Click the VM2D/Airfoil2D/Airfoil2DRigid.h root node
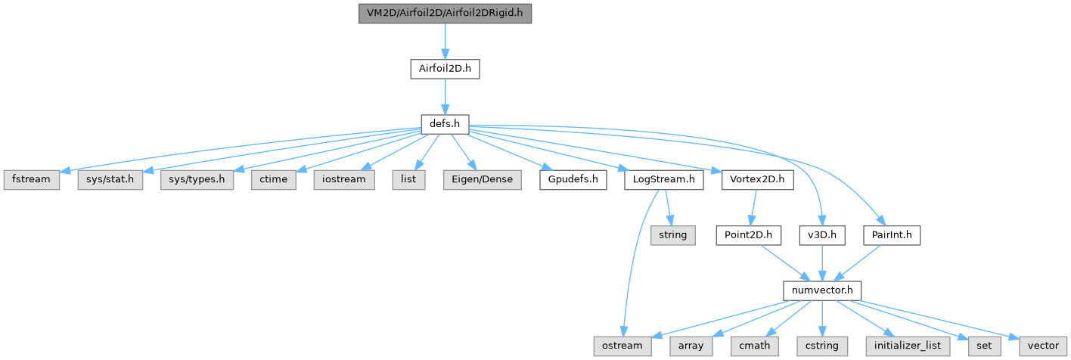pyautogui.click(x=445, y=14)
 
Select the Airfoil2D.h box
pyautogui.click(x=445, y=68)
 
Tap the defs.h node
pyautogui.click(x=445, y=123)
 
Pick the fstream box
pyautogui.click(x=31, y=181)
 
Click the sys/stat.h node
pyautogui.click(x=110, y=181)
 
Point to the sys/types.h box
pyautogui.click(x=197, y=181)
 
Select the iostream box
pyautogui.click(x=344, y=181)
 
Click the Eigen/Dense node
pyautogui.click(x=483, y=181)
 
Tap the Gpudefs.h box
pyautogui.click(x=573, y=181)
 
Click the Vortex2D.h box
pyautogui.click(x=758, y=181)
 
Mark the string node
pyautogui.click(x=672, y=235)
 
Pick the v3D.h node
pyautogui.click(x=821, y=235)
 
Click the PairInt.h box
pyautogui.click(x=892, y=235)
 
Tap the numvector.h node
pyautogui.click(x=821, y=290)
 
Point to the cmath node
pyautogui.click(x=753, y=345)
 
